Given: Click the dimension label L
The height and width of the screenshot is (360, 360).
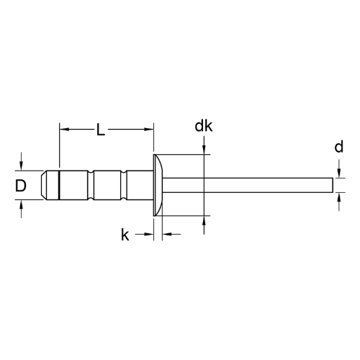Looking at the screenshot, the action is pos(101,130).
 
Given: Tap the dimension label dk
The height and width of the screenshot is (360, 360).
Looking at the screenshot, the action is pos(204,126).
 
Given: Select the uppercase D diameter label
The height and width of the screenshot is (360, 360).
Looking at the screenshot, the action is pos(21,186).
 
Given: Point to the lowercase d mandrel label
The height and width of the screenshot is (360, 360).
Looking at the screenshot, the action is pos(339,147).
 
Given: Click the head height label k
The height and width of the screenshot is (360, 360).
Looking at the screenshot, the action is pos(125,235).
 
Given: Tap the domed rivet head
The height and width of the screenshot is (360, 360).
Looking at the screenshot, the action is pos(158,185).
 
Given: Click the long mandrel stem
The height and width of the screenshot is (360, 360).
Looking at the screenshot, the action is pos(248,185).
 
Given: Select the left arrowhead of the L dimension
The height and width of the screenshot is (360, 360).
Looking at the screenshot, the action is pos(64,130).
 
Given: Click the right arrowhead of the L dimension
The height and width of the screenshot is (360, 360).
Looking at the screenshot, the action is pos(148,130).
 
